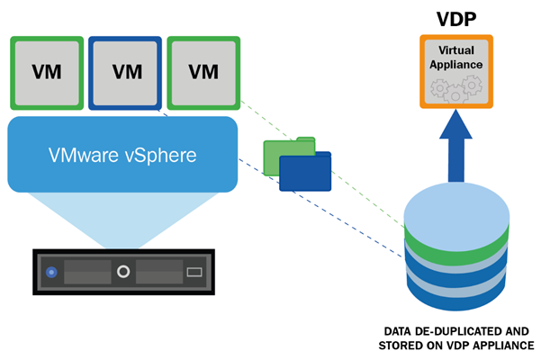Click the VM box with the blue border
(x=125, y=71)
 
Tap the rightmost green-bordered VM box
(x=204, y=71)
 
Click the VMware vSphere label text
(x=122, y=154)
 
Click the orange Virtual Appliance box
(x=456, y=71)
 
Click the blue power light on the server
(x=52, y=271)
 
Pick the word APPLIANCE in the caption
(x=501, y=346)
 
